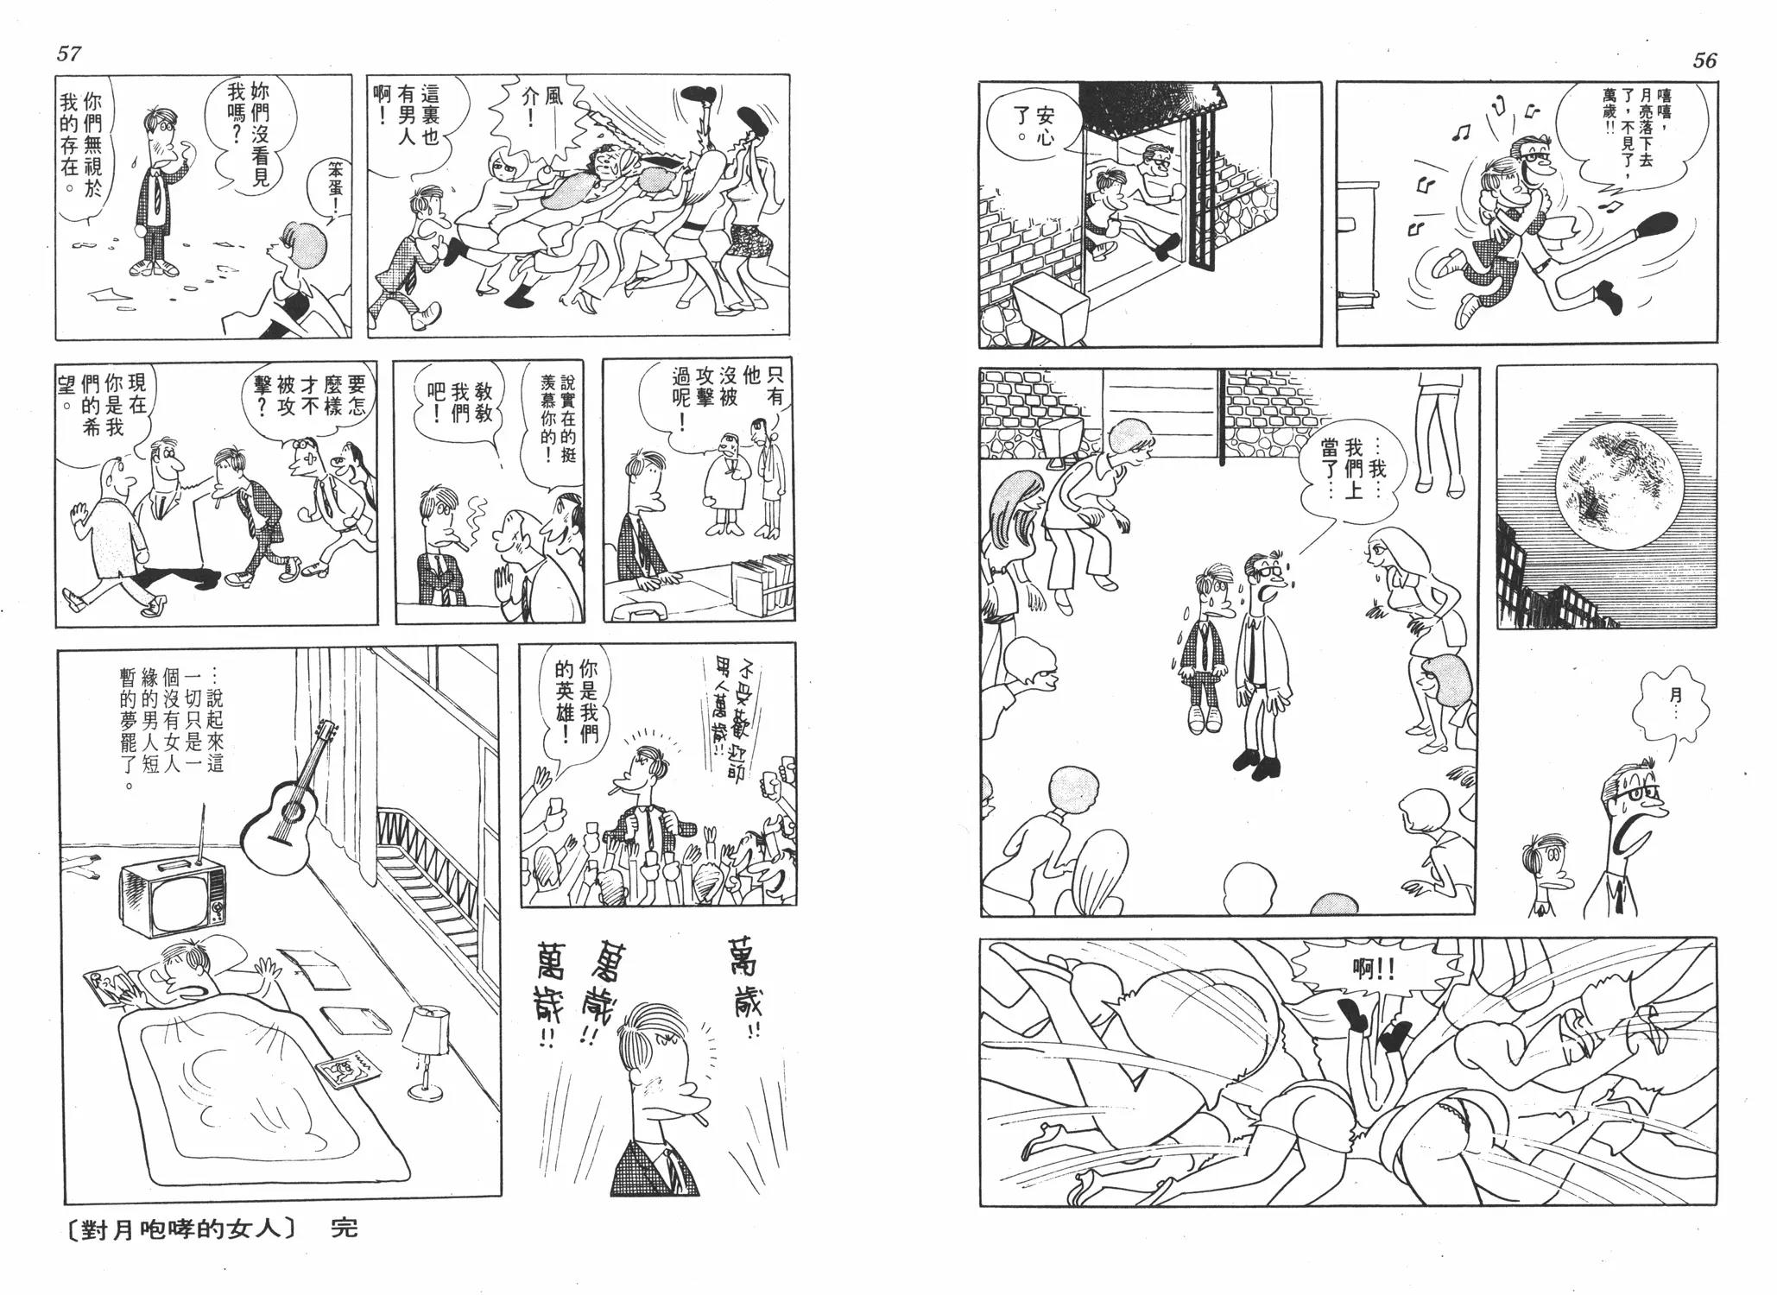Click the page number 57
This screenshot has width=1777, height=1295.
click(x=68, y=54)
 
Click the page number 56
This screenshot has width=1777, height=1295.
click(x=1704, y=60)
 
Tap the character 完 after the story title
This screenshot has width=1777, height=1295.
click(x=344, y=1229)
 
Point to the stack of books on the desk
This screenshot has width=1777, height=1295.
click(x=762, y=583)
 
